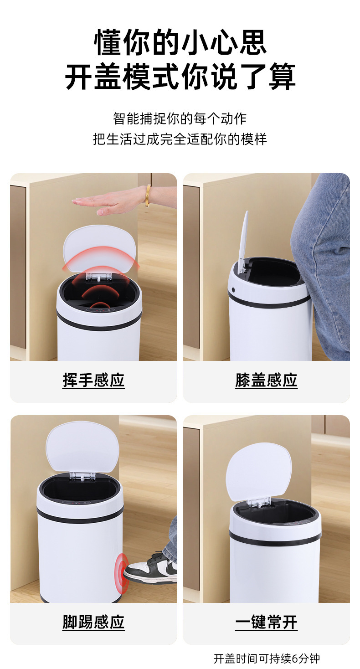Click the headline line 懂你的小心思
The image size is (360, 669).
[180, 42]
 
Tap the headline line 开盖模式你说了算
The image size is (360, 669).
[180, 77]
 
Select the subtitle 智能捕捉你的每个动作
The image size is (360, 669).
[180, 118]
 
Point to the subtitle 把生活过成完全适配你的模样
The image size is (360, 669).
[180, 139]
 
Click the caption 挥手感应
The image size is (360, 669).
[93, 380]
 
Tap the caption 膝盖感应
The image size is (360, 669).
[266, 380]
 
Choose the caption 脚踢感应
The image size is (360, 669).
[93, 623]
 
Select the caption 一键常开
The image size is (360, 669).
[266, 623]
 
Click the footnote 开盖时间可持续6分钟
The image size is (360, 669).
[267, 659]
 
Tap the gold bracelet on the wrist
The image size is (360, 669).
[148, 196]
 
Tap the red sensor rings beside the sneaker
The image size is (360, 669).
[122, 568]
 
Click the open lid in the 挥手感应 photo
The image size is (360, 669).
[100, 248]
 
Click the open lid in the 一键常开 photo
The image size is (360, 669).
[258, 472]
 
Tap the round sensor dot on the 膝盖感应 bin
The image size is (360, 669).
[233, 290]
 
